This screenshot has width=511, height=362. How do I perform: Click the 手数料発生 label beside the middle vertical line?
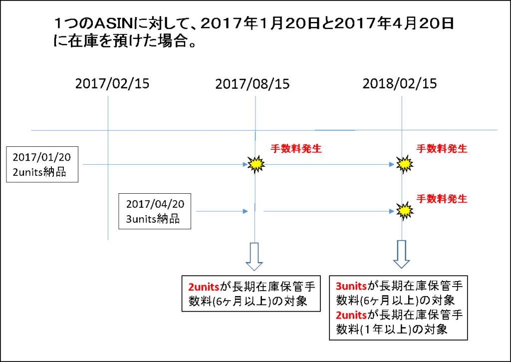[296, 149]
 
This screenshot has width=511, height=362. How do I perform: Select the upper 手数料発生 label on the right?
[442, 149]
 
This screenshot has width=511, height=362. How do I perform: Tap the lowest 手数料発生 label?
[442, 199]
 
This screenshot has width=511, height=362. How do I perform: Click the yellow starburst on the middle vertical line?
[256, 164]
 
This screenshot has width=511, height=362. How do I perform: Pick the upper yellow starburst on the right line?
[404, 164]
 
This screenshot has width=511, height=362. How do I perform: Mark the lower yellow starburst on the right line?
[404, 210]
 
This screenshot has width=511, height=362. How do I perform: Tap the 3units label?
[351, 286]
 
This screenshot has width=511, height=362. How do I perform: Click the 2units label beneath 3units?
[351, 315]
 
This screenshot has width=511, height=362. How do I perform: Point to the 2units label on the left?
[204, 287]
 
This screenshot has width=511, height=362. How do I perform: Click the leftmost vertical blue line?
[108, 200]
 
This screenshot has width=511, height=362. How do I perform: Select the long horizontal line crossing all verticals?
[175, 130]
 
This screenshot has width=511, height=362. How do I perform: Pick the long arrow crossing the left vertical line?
[165, 164]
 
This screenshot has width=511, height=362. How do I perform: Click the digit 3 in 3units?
[338, 286]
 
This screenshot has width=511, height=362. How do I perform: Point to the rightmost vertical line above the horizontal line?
[402, 112]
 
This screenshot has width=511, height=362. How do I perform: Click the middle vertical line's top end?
[255, 97]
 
